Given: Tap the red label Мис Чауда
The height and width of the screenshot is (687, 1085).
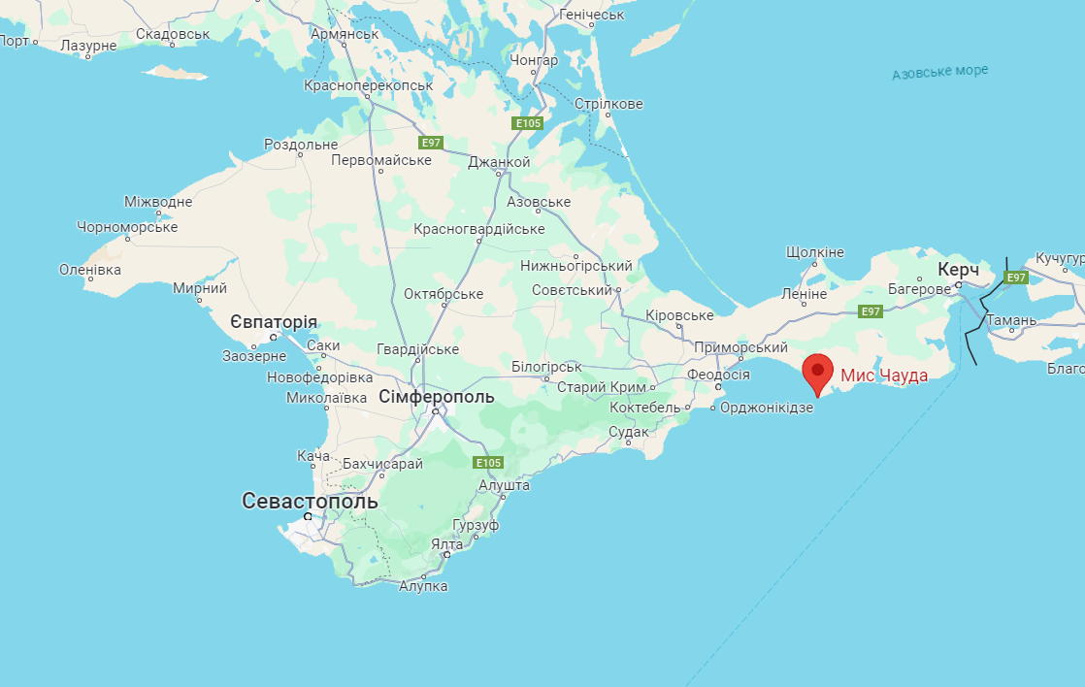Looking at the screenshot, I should (883, 376).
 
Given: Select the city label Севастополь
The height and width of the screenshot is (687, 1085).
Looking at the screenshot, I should (310, 501).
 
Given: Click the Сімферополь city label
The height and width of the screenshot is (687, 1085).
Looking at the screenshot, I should (436, 397).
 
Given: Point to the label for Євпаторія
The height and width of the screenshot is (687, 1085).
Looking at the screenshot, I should (273, 322).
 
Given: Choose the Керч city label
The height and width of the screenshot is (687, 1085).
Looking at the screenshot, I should (958, 269).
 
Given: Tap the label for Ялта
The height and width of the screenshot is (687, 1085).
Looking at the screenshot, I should (447, 544).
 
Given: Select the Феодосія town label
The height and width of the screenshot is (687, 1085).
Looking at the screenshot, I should (718, 375).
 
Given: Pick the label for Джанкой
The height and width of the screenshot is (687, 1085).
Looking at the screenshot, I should (499, 162).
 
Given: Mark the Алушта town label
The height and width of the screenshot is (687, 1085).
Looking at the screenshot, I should (505, 484).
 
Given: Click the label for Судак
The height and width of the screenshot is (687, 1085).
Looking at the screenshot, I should (628, 432).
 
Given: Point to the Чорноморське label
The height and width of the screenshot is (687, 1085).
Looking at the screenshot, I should (127, 227).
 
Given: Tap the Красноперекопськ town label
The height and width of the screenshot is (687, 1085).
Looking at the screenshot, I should (368, 85).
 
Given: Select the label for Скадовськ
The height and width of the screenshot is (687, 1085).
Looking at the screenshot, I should (173, 34).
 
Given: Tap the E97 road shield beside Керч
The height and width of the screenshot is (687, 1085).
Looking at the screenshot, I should (1015, 278).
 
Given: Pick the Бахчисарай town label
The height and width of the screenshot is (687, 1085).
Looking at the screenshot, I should (382, 464).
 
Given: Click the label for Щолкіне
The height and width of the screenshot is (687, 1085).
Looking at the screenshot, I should (815, 252).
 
